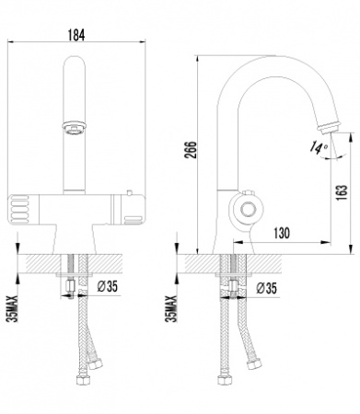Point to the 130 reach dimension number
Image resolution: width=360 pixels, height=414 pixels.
[x=281, y=234]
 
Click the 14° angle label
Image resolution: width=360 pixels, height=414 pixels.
[x=317, y=145]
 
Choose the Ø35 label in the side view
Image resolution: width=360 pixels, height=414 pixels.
[x=267, y=289]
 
